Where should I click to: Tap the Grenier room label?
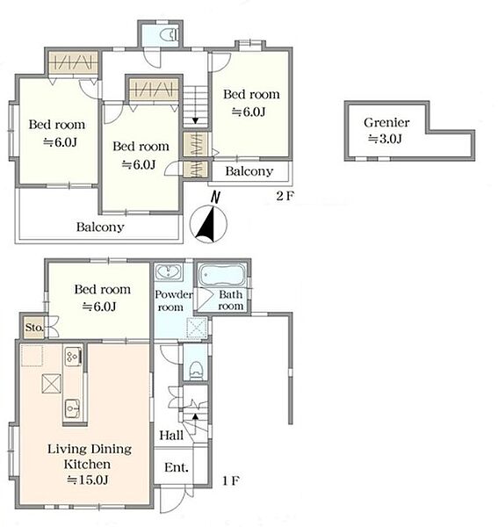click(386, 122)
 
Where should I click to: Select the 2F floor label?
click(285, 196)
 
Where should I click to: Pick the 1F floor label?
click(231, 481)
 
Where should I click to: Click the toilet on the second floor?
click(169, 35)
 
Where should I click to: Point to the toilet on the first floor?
click(195, 371)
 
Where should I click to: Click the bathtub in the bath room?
click(222, 275)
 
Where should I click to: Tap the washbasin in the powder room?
click(169, 271)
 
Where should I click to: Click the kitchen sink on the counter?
click(72, 408)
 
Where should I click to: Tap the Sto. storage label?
click(34, 327)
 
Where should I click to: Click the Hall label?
click(171, 436)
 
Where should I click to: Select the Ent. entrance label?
click(177, 467)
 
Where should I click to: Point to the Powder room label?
click(173, 300)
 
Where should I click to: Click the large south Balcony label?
click(100, 227)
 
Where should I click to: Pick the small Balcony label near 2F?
click(249, 171)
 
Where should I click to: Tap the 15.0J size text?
click(88, 480)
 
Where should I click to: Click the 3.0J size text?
click(385, 139)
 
